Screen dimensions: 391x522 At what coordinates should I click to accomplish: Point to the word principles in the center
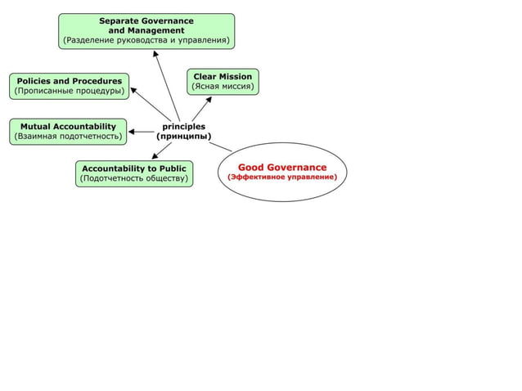tap(184, 126)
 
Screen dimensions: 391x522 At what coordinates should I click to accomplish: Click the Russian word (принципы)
tap(184, 137)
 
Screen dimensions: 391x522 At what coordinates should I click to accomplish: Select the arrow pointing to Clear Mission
tap(202, 108)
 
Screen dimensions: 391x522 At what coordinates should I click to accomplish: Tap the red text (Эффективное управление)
tap(282, 178)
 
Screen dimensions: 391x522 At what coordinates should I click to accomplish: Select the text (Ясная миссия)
tap(223, 87)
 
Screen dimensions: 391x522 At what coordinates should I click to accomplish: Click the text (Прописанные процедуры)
tap(70, 91)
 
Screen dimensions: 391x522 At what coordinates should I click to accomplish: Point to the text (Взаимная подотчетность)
tap(68, 137)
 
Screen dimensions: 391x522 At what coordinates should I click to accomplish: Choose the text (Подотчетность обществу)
tap(134, 179)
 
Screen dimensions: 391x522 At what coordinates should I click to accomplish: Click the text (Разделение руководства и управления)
tap(146, 39)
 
